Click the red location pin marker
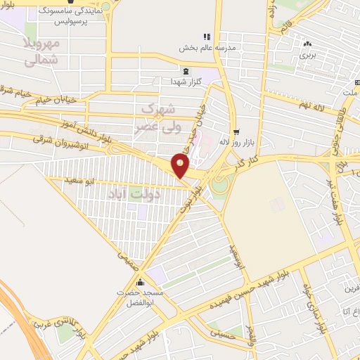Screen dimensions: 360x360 pos(181,165)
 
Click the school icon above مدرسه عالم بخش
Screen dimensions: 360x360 pos(206,37)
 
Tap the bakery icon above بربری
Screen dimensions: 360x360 pos(308,43)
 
